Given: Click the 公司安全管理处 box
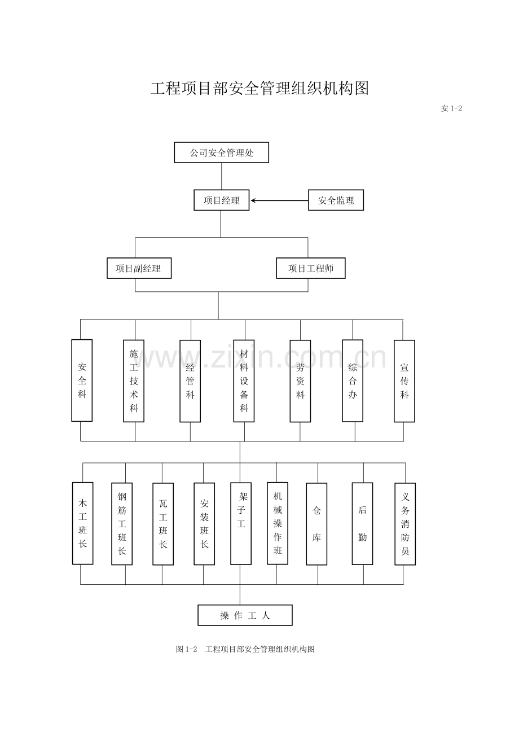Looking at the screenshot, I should click(x=221, y=152).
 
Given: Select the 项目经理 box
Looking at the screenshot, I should click(x=221, y=200).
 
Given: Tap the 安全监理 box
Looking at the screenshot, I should click(x=336, y=200).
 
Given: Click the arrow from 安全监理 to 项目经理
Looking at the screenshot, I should click(x=279, y=200).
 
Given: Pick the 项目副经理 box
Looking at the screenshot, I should click(x=139, y=268).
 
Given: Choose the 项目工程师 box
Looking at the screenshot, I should click(x=310, y=268).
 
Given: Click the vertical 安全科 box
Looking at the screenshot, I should click(x=82, y=380).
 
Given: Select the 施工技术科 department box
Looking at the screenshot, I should click(x=134, y=380).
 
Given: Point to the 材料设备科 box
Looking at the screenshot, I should click(x=244, y=380).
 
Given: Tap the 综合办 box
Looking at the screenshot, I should click(x=353, y=380).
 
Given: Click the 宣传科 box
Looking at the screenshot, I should click(x=404, y=380).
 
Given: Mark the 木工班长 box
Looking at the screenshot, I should click(x=82, y=523).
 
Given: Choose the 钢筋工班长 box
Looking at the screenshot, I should click(x=122, y=523).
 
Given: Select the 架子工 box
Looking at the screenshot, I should click(x=241, y=523).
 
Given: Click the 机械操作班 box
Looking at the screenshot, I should click(x=277, y=523).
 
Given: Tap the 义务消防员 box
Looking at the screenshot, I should click(x=405, y=523).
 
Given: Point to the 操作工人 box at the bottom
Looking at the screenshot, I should click(x=245, y=615).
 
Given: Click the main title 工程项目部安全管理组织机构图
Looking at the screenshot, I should click(x=259, y=89).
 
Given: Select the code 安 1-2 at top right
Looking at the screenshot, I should click(x=451, y=108).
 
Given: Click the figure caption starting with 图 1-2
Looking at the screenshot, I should click(x=245, y=649).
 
